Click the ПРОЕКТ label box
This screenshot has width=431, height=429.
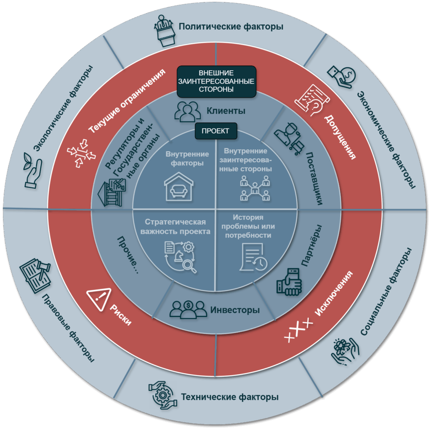tap(215, 131)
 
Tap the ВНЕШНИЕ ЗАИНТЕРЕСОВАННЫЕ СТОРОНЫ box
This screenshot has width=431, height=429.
tap(216, 81)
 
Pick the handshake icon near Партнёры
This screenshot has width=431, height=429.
tap(289, 281)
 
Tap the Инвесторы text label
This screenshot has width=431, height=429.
tap(235, 310)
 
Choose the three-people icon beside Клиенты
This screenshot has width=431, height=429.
tap(187, 111)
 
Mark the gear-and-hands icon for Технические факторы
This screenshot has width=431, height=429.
tap(162, 395)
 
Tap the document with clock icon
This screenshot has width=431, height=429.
tap(254, 257)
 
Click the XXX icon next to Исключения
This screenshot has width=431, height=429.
tap(299, 333)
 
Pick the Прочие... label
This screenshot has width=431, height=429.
tap(128, 257)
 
